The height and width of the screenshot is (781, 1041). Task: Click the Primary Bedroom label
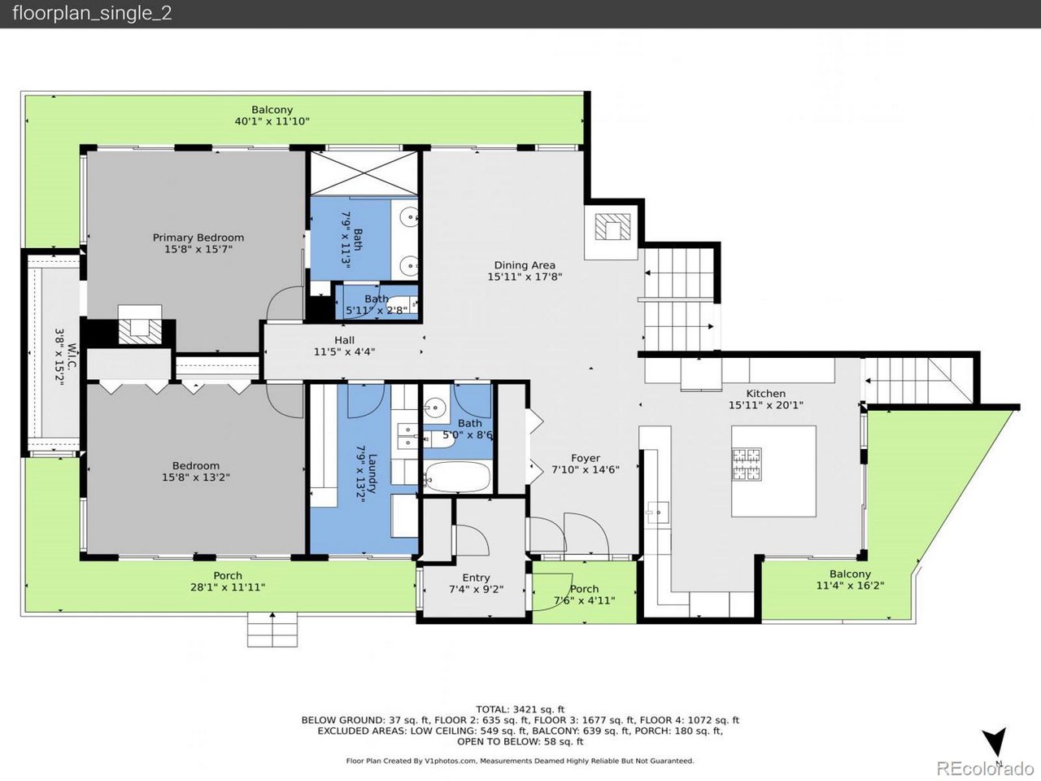point(198,238)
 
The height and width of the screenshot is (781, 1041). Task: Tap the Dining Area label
point(525,265)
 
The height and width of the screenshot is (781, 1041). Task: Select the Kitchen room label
point(765,393)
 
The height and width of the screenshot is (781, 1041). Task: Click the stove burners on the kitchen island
point(747,464)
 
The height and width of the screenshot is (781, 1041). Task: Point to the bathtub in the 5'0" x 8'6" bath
point(457,477)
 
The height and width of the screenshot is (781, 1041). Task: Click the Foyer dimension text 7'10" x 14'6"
point(586,469)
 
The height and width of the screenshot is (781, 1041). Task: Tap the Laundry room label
point(372,473)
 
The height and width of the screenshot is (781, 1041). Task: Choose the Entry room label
point(476,578)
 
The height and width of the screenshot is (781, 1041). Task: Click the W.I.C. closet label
point(72,356)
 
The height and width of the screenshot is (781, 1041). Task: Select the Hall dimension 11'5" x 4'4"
point(344,351)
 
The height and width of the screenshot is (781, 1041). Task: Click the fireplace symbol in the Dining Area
point(613,227)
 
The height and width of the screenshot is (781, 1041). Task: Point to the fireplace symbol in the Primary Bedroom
point(140,331)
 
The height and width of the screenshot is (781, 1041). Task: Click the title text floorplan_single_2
point(92,13)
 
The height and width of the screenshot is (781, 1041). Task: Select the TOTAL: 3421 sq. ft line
point(520,709)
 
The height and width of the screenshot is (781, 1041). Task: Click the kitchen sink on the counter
point(658,513)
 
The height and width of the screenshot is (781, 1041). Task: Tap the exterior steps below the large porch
point(272,629)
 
